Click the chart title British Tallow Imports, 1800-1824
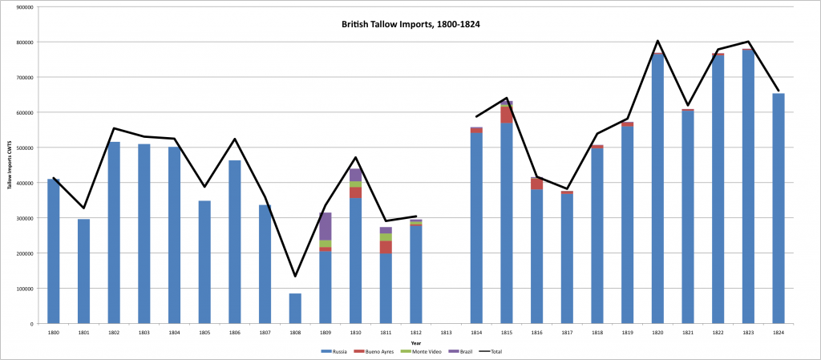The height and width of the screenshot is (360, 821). point(410,24)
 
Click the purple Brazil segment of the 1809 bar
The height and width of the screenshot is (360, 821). point(326,226)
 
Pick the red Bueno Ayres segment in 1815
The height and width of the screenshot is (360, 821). point(506,115)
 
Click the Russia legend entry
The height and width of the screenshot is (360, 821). point(334,351)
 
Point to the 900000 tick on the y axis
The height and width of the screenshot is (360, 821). point(22,6)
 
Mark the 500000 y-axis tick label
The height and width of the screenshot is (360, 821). point(22,148)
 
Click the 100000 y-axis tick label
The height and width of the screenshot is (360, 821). point(22,289)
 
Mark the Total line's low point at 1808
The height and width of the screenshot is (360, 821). point(295,277)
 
